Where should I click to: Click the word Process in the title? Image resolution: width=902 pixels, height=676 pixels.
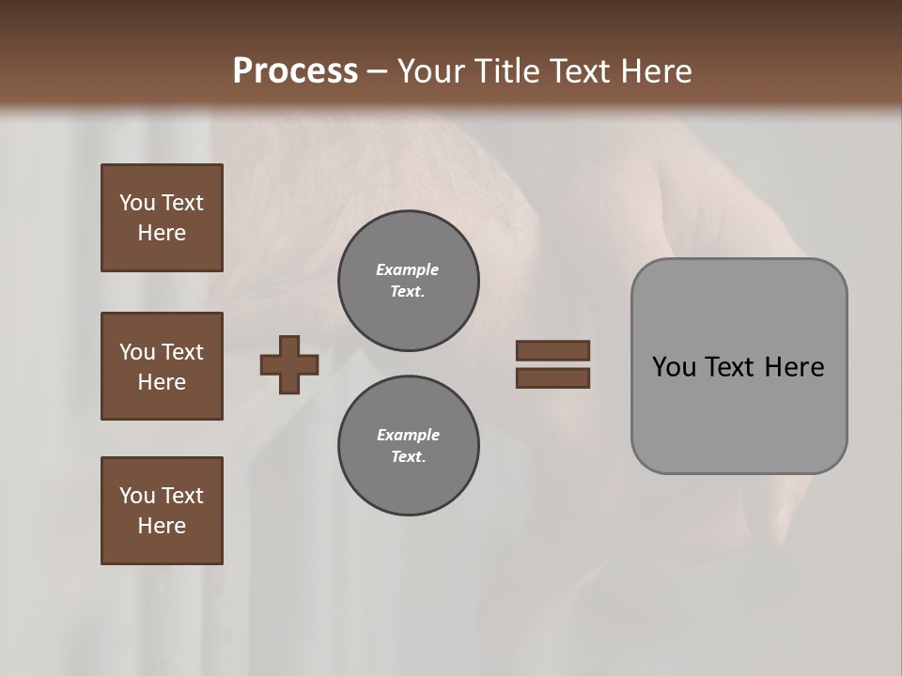click(x=295, y=71)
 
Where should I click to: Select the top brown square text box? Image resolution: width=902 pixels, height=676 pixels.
click(x=162, y=218)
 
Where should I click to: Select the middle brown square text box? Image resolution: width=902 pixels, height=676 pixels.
click(x=162, y=366)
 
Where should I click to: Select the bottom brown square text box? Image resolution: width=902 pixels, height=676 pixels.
click(x=162, y=511)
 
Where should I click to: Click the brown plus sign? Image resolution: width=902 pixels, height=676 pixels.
click(x=289, y=364)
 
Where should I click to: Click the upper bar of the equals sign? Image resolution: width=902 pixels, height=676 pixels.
click(x=552, y=350)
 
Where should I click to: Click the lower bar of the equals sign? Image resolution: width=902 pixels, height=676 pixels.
click(x=552, y=377)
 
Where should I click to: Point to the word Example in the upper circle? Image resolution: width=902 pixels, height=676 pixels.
click(x=407, y=269)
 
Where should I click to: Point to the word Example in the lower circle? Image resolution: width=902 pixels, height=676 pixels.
click(x=408, y=435)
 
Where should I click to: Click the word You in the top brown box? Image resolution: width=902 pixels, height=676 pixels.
click(x=136, y=203)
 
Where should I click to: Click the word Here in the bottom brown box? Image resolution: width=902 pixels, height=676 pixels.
click(x=162, y=526)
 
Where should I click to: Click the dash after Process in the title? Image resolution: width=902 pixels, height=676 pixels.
click(x=377, y=72)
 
